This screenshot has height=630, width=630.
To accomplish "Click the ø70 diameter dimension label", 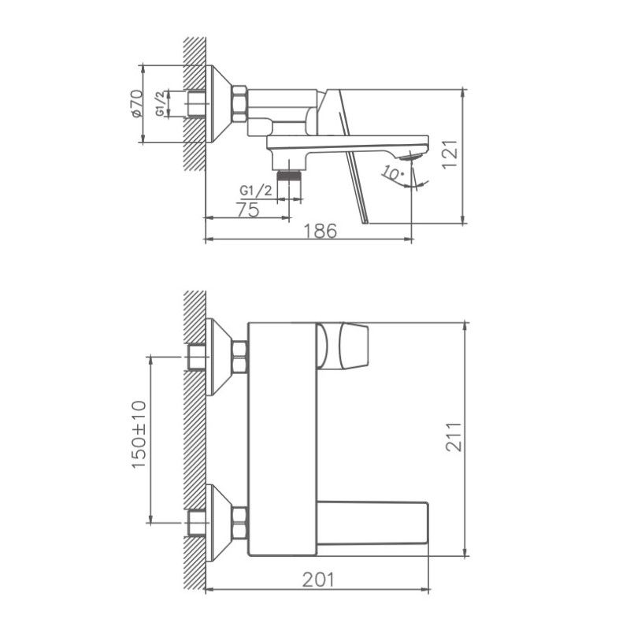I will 136,104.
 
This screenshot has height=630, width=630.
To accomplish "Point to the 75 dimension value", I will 248,209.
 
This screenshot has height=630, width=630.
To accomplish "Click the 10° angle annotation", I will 390,173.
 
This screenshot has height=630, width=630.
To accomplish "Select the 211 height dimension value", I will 453,438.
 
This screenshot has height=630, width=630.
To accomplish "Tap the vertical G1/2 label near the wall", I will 160,104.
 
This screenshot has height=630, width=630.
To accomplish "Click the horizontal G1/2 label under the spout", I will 256,191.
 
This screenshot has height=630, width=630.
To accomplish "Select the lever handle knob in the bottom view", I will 346,345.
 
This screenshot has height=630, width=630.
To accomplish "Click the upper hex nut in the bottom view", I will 239,356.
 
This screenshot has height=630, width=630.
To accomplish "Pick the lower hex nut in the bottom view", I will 239,523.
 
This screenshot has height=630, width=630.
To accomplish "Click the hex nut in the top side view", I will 239,104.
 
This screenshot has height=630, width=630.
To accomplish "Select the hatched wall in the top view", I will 195,102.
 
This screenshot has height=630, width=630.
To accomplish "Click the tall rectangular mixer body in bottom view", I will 282,438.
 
